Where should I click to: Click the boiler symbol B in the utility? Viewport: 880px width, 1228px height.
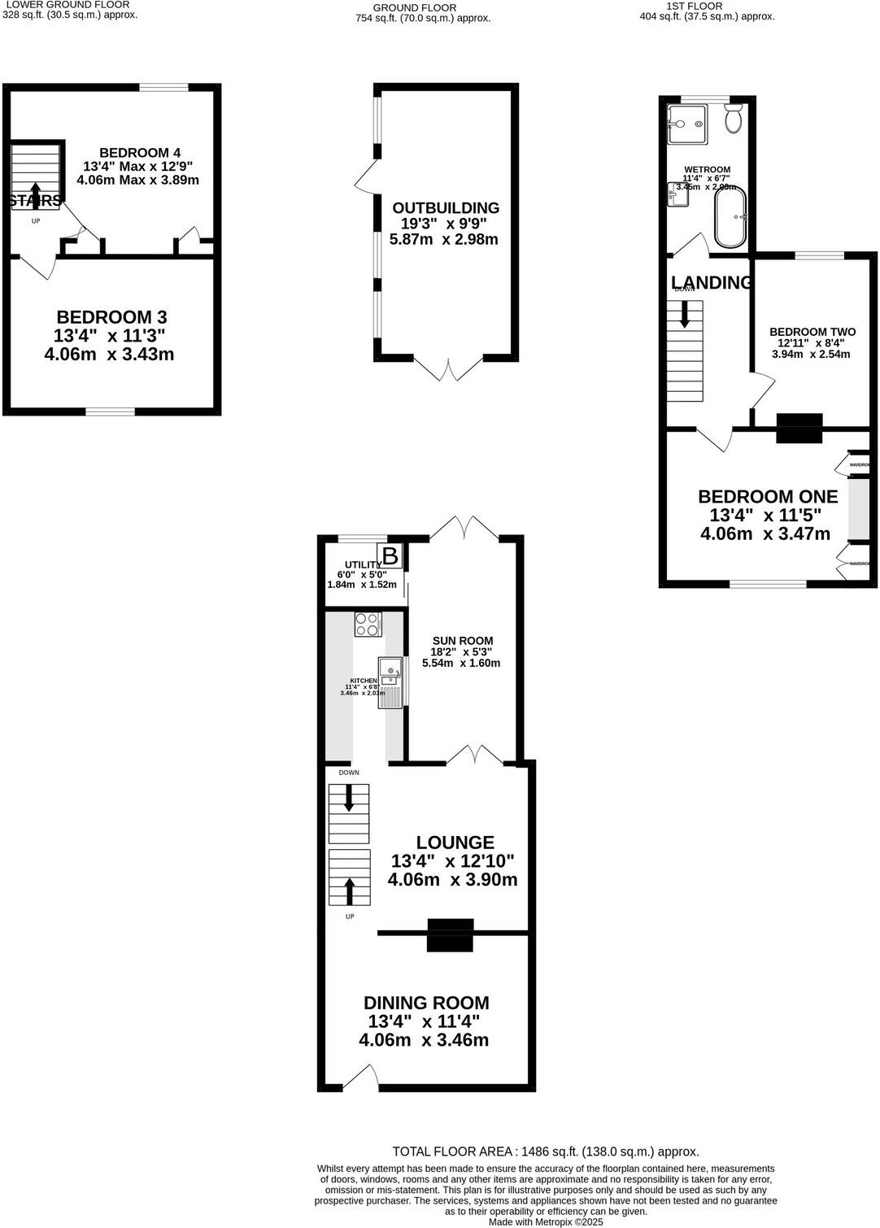(390, 556)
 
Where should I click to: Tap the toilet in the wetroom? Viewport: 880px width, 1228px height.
(734, 120)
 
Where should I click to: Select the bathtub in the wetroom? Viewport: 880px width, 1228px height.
(731, 217)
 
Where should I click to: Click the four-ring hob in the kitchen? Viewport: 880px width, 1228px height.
(368, 624)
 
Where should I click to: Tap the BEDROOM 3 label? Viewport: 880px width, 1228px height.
(111, 317)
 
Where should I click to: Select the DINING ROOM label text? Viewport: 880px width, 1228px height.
(426, 1003)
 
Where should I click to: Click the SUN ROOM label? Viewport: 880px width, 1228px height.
(462, 641)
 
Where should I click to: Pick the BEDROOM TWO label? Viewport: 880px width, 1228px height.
(812, 332)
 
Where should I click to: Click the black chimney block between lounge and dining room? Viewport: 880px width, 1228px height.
(450, 934)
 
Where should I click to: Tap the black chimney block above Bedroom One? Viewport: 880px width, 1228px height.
(799, 428)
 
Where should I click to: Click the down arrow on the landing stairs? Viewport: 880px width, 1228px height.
(684, 314)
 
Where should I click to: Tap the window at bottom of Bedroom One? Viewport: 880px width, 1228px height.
(768, 583)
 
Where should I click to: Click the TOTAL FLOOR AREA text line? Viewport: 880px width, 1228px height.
(545, 1152)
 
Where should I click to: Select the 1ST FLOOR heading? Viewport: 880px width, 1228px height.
(694, 6)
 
